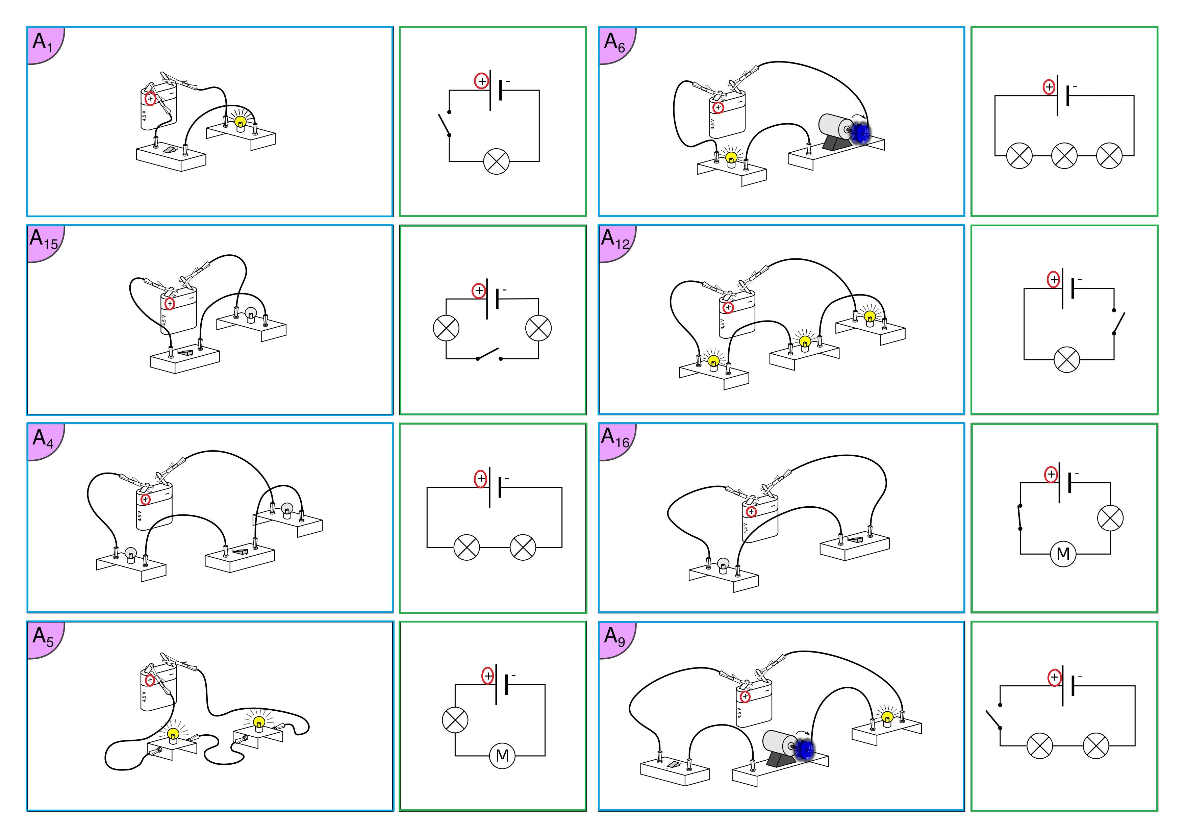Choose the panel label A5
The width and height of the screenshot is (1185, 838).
pyautogui.click(x=42, y=636)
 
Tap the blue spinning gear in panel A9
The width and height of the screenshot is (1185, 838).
pyautogui.click(x=804, y=749)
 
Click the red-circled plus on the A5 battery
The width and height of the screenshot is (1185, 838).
pyautogui.click(x=150, y=680)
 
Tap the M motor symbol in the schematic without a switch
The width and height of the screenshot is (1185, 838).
pyautogui.click(x=502, y=756)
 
